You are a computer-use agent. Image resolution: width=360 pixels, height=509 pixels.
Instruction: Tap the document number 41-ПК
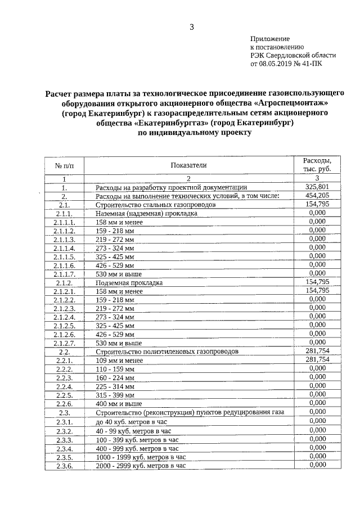click(315, 65)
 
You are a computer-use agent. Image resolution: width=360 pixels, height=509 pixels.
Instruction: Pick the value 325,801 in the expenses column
click(317, 187)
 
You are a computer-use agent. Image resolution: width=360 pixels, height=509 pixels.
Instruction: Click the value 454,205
click(317, 196)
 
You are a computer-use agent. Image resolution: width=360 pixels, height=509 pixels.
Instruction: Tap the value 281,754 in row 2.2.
click(317, 350)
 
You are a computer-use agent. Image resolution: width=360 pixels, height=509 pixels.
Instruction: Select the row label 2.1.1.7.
click(64, 274)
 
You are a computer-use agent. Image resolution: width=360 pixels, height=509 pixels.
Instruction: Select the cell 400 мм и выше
click(119, 403)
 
